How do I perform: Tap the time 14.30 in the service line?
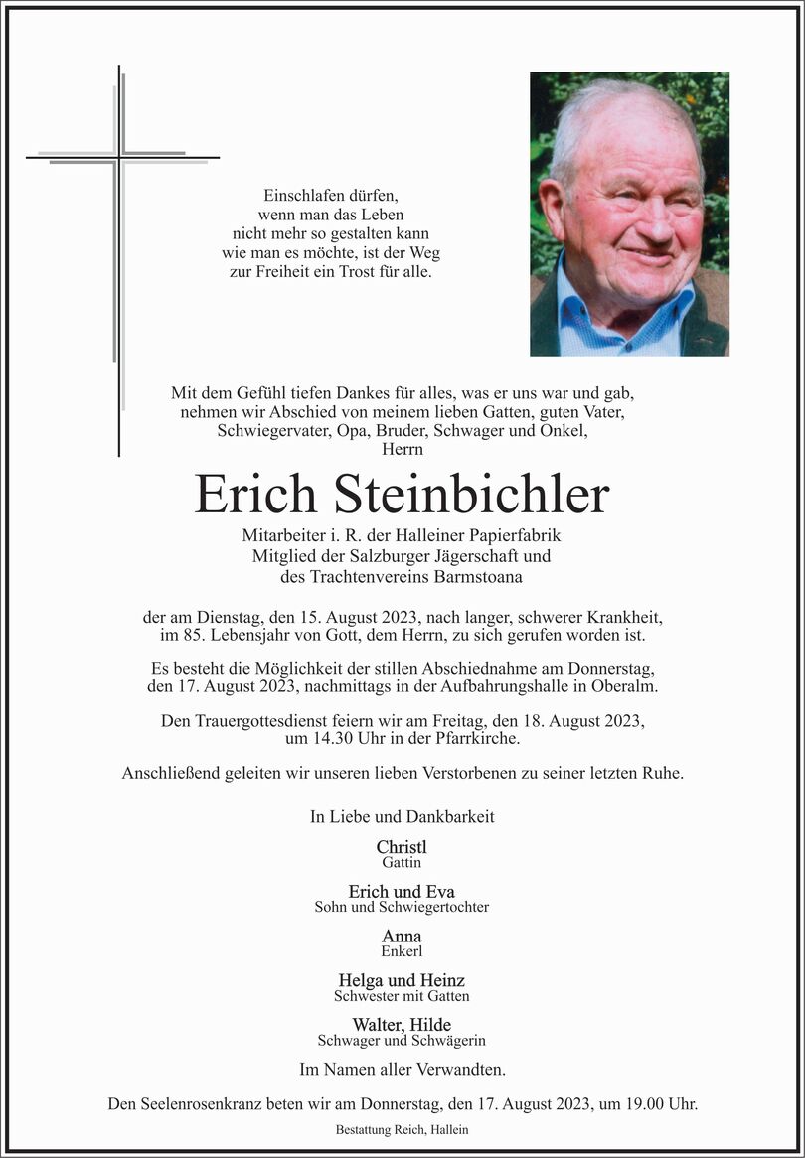point(336,738)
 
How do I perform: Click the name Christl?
point(402,847)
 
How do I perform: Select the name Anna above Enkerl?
point(402,936)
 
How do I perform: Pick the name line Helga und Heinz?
point(402,980)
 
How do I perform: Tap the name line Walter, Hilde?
point(402,1024)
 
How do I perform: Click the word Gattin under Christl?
point(402,863)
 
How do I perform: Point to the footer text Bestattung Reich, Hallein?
point(402,1130)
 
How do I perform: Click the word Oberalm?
point(624,686)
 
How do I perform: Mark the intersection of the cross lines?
point(119,158)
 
